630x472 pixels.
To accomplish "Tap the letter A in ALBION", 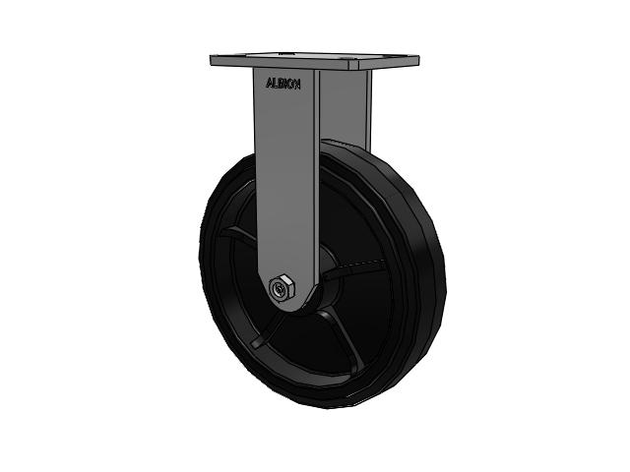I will click(268, 85).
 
